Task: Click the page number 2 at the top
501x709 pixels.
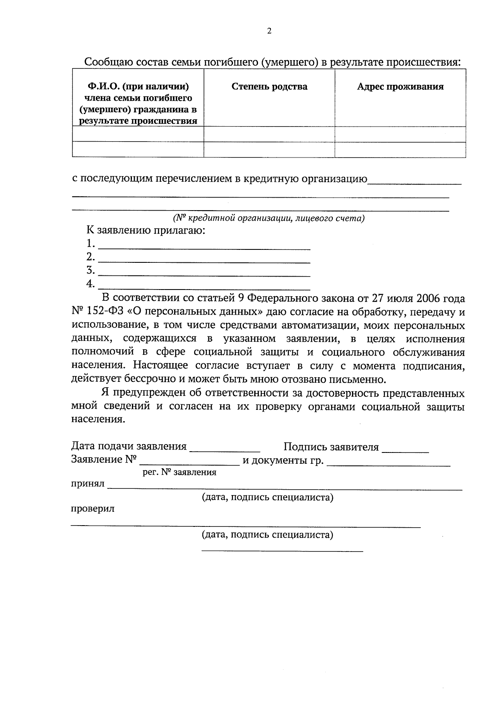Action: pyautogui.click(x=269, y=31)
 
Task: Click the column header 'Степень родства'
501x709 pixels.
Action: pyautogui.click(x=269, y=86)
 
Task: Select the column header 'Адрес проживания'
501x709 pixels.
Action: pyautogui.click(x=400, y=86)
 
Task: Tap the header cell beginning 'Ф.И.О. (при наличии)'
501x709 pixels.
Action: pyautogui.click(x=138, y=104)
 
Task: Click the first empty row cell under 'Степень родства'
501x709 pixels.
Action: pyautogui.click(x=269, y=135)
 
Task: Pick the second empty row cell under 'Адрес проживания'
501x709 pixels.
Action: pyautogui.click(x=400, y=150)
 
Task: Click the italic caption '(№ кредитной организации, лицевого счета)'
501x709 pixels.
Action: pyautogui.click(x=268, y=218)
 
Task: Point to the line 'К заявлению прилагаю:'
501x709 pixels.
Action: pyautogui.click(x=146, y=230)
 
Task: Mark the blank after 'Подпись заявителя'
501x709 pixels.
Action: pyautogui.click(x=405, y=448)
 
